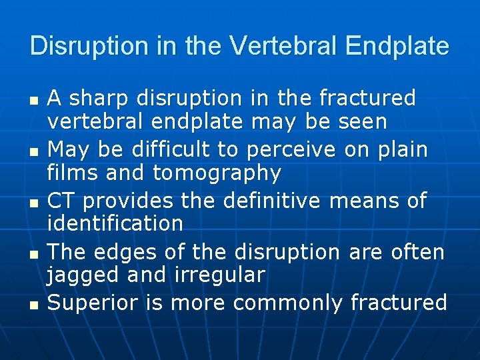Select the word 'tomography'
217,173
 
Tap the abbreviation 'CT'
61,201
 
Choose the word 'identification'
115,223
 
